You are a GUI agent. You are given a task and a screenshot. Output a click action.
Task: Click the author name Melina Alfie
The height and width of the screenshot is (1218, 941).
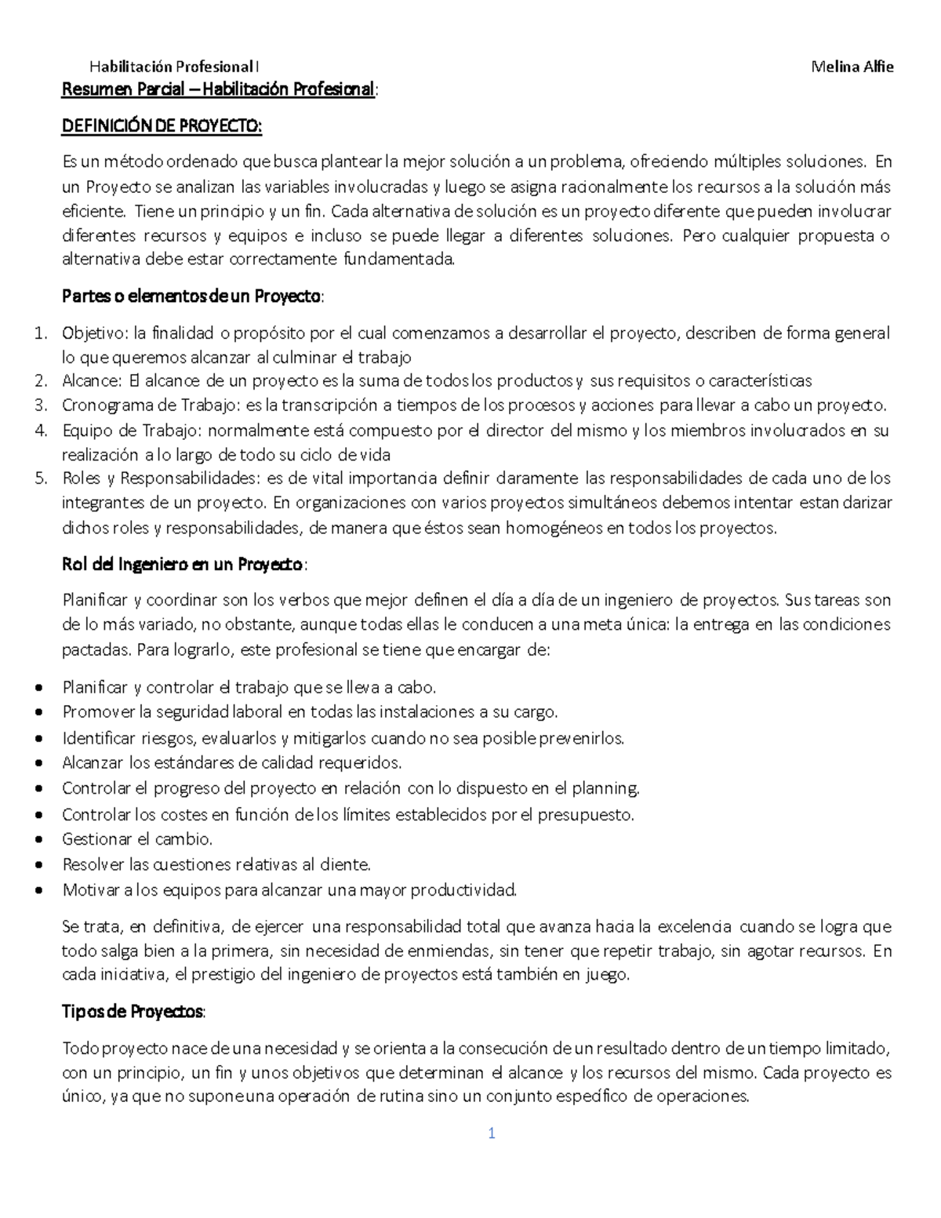(852, 67)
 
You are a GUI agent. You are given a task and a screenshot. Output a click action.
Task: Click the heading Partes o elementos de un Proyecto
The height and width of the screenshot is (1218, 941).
(191, 297)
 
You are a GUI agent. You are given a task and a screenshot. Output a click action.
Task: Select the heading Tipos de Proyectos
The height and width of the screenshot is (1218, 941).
(133, 1012)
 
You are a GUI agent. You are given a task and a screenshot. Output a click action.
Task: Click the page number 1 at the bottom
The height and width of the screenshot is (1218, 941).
(492, 1133)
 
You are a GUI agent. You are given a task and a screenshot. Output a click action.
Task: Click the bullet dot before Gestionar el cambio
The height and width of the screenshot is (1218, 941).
(39, 840)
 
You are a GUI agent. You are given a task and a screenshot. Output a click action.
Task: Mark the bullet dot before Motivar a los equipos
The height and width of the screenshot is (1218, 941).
(39, 891)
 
